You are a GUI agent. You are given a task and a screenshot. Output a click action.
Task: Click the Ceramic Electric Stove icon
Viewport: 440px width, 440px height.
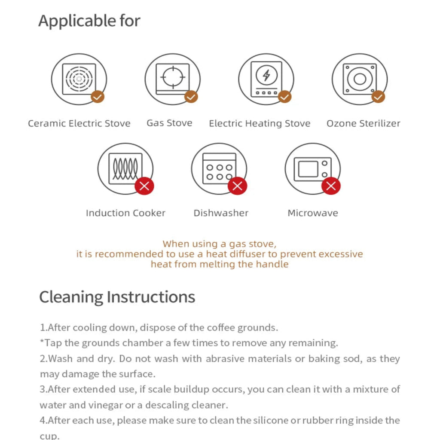pyautogui.click(x=79, y=79)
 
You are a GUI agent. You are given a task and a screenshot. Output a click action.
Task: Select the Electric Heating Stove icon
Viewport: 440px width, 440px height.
pyautogui.click(x=266, y=79)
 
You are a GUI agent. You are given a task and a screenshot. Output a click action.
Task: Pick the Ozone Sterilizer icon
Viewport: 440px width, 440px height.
pyautogui.click(x=360, y=79)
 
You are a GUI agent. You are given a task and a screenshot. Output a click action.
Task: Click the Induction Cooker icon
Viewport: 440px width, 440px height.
pyautogui.click(x=125, y=169)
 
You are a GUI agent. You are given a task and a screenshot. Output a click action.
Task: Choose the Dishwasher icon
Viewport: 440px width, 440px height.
pyautogui.click(x=219, y=169)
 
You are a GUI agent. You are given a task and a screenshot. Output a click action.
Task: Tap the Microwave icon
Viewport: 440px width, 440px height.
pyautogui.click(x=312, y=169)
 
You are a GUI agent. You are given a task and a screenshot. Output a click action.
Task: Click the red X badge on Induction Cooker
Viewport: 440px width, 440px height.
pyautogui.click(x=144, y=186)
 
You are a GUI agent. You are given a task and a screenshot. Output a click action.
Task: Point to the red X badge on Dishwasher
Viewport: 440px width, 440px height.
pyautogui.click(x=238, y=186)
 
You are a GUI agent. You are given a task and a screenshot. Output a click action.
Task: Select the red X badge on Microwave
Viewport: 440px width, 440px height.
pyautogui.click(x=331, y=186)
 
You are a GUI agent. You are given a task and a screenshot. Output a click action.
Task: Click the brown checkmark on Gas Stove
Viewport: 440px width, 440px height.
pyautogui.click(x=191, y=97)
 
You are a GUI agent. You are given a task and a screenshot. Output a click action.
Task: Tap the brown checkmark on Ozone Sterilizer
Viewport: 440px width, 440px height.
pyautogui.click(x=378, y=97)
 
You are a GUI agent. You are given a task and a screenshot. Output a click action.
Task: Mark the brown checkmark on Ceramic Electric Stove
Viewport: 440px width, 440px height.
pyautogui.click(x=98, y=97)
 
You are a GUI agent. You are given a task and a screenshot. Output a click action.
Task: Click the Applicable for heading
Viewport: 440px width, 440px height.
pyautogui.click(x=89, y=21)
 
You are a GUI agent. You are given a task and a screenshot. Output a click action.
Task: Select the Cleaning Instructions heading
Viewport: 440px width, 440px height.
pyautogui.click(x=117, y=297)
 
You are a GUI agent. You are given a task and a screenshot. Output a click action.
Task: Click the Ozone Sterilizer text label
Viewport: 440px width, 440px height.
pyautogui.click(x=363, y=124)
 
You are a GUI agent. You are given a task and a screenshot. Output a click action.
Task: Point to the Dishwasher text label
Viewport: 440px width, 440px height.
pyautogui.click(x=221, y=213)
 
